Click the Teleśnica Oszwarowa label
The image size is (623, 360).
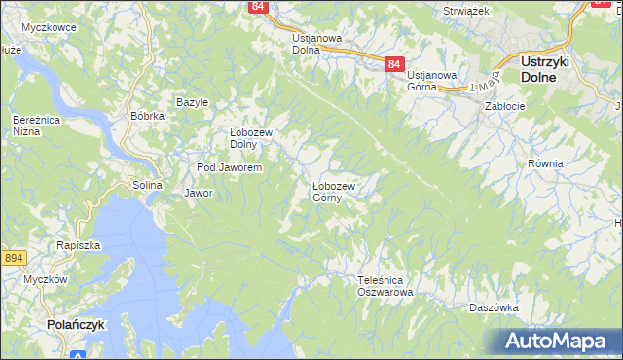pos(385,285)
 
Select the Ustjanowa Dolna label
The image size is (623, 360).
pos(317,44)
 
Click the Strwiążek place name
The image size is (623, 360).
pos(464,10)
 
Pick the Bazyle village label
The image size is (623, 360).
pos(192,102)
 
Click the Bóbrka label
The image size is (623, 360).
pos(147,116)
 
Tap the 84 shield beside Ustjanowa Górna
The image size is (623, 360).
pos(393,63)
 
